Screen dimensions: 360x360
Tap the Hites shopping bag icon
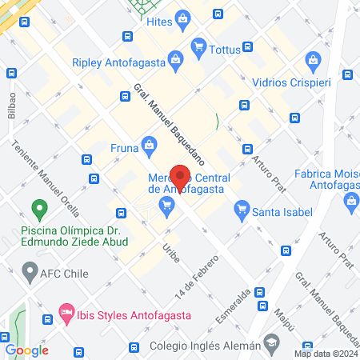click(x=184, y=18)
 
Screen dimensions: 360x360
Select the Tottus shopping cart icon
click(x=198, y=48)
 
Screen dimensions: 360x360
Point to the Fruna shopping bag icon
click(x=148, y=145)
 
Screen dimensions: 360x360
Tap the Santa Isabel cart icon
click(x=241, y=211)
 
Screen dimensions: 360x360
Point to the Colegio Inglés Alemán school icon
click(x=272, y=346)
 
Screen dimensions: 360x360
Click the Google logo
click(x=26, y=350)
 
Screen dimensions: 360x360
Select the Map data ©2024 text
click(x=325, y=354)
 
